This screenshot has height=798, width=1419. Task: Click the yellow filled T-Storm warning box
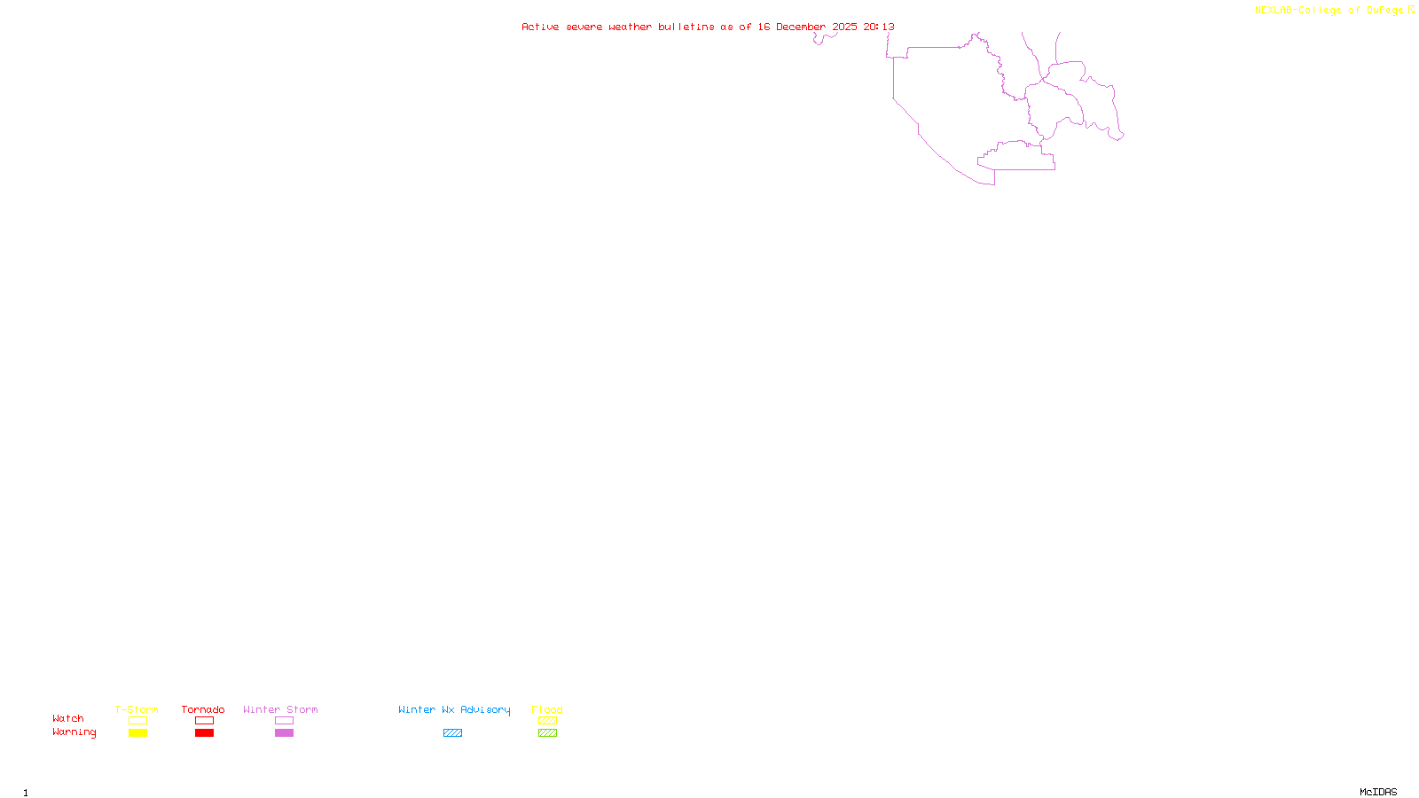click(137, 733)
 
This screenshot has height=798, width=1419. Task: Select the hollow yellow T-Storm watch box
click(137, 721)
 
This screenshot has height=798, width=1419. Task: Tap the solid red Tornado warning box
click(204, 733)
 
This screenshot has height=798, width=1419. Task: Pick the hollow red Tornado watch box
click(204, 721)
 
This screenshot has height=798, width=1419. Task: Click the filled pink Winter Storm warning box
click(284, 733)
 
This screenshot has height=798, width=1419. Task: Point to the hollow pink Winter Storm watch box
click(284, 721)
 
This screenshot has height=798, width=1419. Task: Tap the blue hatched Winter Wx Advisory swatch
click(452, 733)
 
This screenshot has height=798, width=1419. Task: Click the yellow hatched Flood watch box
click(547, 721)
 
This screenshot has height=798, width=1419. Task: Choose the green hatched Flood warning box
click(547, 733)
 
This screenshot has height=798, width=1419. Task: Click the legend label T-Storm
click(137, 709)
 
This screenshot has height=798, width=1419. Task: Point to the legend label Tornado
click(203, 709)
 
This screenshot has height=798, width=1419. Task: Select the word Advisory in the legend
click(485, 709)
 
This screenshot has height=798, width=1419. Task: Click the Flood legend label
click(547, 709)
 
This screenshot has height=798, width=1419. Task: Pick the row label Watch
click(68, 719)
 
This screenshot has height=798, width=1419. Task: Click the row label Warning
click(74, 732)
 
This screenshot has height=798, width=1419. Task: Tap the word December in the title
click(801, 27)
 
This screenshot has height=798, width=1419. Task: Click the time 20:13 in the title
click(879, 27)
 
